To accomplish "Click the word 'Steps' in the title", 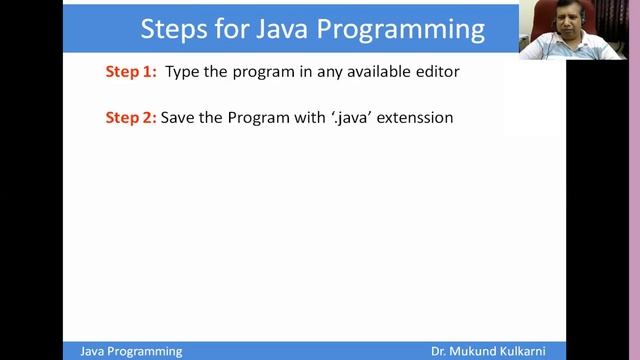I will point(172,28).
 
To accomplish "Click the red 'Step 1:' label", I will point(131,72).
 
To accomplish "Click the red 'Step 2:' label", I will point(131,118).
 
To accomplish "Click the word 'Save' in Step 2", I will point(179,118).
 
